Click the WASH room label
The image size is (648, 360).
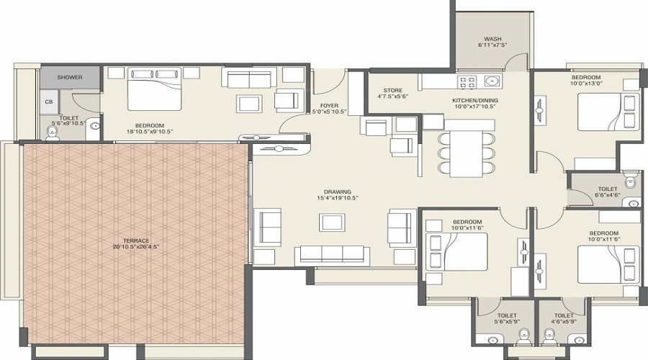click(492, 40)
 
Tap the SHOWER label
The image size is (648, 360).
click(70, 77)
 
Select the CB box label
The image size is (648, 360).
click(49, 102)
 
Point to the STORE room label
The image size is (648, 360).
click(392, 91)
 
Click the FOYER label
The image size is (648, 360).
click(329, 106)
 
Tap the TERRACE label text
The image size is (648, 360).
click(136, 241)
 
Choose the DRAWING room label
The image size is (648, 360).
click(338, 192)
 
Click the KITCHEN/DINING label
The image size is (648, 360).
click(475, 100)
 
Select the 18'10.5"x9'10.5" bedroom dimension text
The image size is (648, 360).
click(150, 132)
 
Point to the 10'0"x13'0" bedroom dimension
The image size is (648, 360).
click(586, 83)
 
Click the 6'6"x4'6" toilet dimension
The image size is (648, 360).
click(608, 194)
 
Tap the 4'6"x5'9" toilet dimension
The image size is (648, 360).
click(564, 321)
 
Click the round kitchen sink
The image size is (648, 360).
click(491, 81)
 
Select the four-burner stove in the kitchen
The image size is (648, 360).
click(467, 81)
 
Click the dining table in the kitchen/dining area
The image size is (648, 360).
click(466, 153)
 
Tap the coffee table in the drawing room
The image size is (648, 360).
click(332, 222)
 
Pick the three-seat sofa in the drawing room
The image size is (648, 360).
click(332, 256)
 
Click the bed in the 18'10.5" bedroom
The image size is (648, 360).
click(155, 89)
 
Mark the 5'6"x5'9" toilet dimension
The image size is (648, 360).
click(507, 321)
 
